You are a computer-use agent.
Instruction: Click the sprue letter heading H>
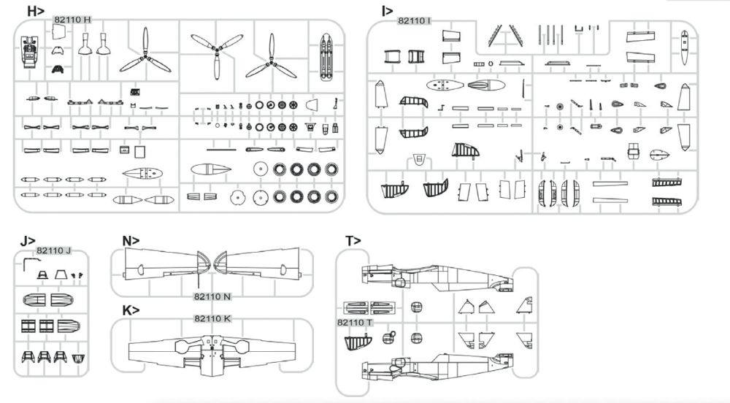click(x=35, y=11)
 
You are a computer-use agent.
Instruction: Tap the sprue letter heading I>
click(x=387, y=11)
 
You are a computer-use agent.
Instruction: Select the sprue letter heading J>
click(x=28, y=241)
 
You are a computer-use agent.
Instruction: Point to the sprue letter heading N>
click(x=131, y=241)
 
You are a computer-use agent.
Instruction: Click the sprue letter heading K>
click(x=131, y=310)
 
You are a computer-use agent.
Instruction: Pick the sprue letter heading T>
click(x=353, y=241)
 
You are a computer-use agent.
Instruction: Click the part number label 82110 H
click(x=72, y=20)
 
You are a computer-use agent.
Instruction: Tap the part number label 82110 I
click(x=415, y=20)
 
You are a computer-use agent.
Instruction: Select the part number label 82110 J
click(x=53, y=250)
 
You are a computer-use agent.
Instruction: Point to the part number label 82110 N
click(x=212, y=296)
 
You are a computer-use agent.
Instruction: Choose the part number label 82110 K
click(x=212, y=319)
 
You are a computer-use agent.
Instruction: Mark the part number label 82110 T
click(x=355, y=323)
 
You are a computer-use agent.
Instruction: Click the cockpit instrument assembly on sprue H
click(x=30, y=50)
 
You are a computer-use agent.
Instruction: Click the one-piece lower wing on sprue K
click(x=212, y=353)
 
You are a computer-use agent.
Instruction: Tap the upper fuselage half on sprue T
click(x=437, y=278)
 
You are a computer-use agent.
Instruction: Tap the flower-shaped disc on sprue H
click(x=237, y=198)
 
